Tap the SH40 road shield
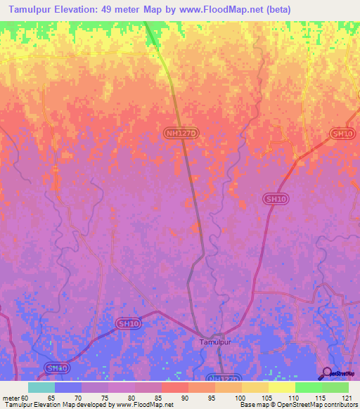58,368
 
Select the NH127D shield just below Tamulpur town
224,378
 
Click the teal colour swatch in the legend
41,387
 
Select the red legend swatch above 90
175,387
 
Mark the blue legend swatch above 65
68,387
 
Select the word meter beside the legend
11,397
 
